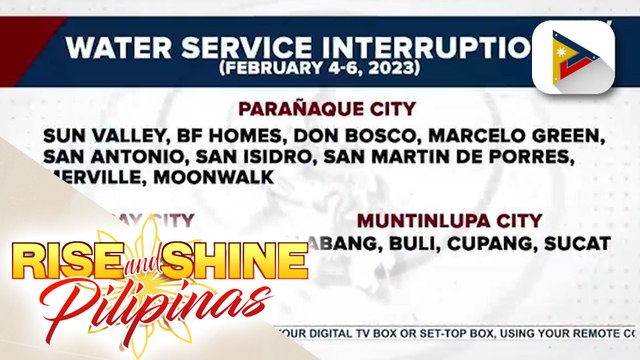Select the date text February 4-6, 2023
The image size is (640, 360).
point(317,70)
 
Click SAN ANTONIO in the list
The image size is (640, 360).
point(113,157)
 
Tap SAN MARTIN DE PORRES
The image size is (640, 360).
point(431,157)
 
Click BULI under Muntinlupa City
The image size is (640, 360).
point(404,243)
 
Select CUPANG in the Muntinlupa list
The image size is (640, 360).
point(485,243)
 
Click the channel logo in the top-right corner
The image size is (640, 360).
point(572,58)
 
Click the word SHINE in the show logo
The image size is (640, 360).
point(236,262)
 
